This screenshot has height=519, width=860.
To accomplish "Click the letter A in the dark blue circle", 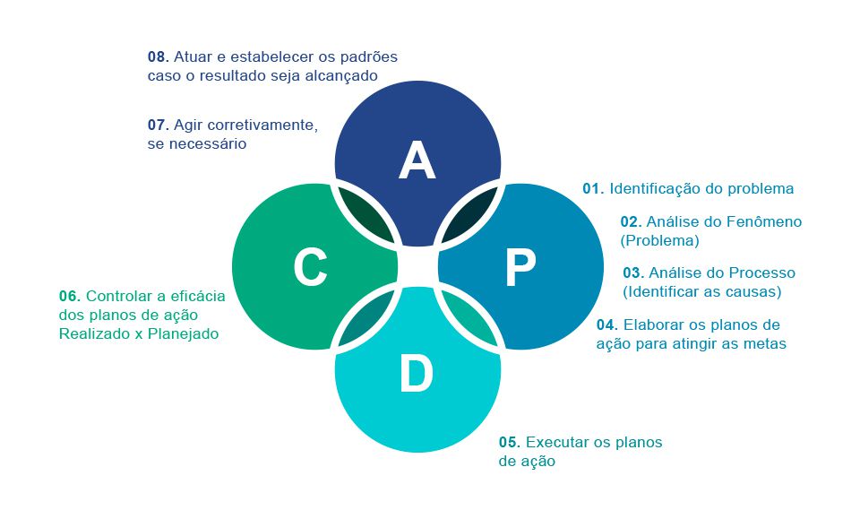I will coord(417,160).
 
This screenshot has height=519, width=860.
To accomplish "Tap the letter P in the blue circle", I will coord(520,267).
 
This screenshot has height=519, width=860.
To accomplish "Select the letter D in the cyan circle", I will coord(417,375).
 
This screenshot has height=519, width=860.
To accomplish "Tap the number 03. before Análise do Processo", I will coord(633,272).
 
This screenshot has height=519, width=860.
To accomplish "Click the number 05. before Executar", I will coord(510,442).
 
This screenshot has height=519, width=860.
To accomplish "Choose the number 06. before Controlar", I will coord(70,296).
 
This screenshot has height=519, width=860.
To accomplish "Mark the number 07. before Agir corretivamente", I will coord(159,125).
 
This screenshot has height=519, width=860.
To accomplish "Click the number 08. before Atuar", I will coord(159,56).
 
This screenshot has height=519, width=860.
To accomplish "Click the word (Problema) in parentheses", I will coord(659,240).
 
